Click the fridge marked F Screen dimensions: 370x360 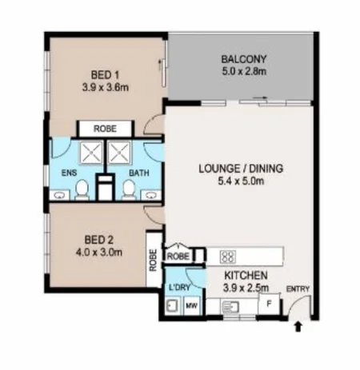coord(270,304)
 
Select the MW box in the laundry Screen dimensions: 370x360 coord(192,305)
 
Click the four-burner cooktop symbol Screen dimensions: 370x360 coord(226,257)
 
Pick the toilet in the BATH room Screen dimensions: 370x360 coord(128,189)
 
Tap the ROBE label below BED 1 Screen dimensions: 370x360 coord(104,128)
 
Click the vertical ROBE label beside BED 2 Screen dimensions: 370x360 coord(154,261)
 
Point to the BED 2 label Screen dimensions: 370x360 coord(102,237)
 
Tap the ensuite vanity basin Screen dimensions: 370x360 coord(60,193)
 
